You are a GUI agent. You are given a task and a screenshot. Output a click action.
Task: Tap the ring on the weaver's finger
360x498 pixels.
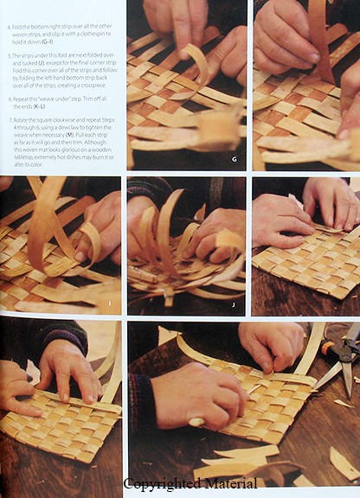[x=196, y=421]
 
